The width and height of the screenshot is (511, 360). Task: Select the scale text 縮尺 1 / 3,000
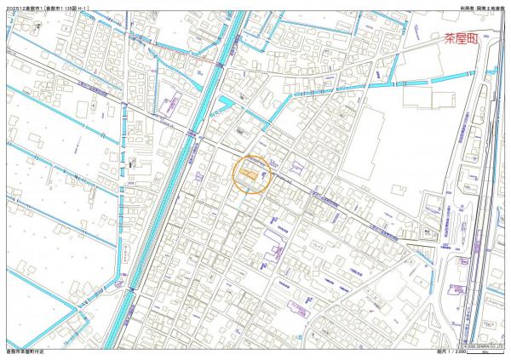(482, 350)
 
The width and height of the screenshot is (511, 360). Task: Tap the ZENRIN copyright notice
(482, 344)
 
